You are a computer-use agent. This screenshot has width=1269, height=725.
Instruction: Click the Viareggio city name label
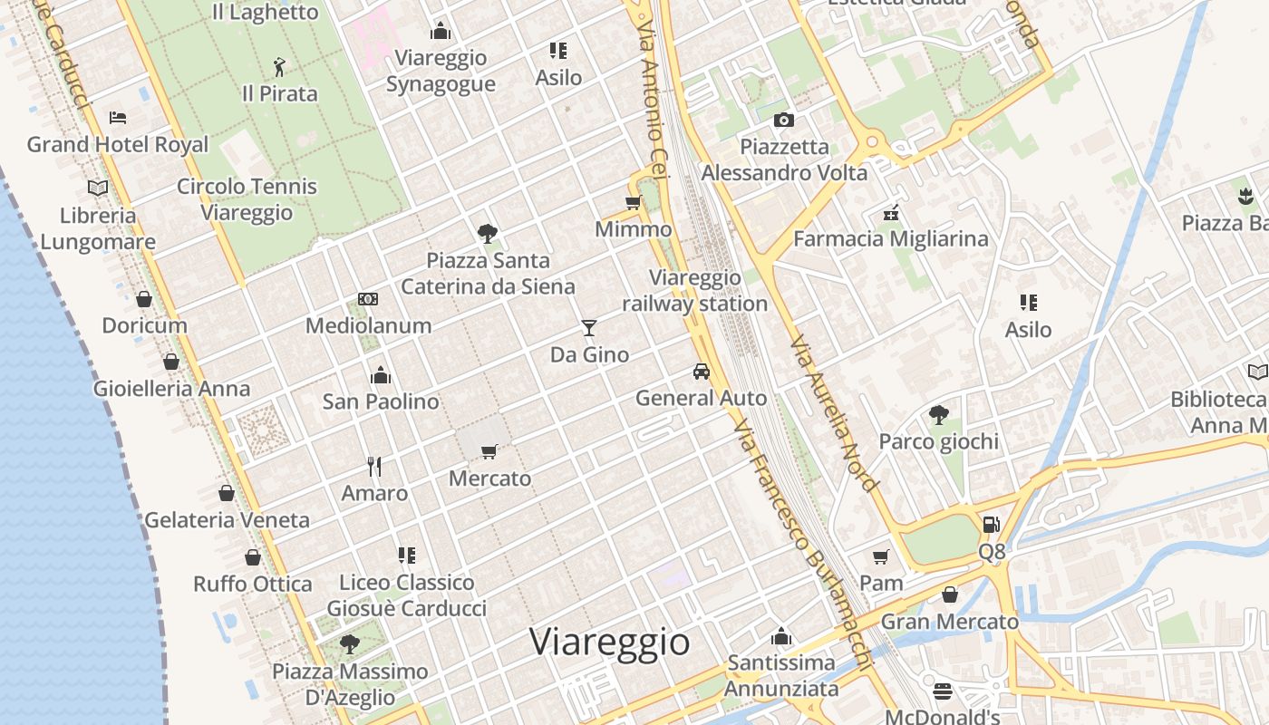[x=609, y=642]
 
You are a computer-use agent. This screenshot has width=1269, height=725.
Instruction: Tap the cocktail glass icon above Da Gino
[x=589, y=327]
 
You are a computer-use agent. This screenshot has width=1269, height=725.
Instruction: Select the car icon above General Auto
[x=701, y=371]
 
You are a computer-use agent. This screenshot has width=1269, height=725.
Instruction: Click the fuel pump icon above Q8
[x=992, y=524]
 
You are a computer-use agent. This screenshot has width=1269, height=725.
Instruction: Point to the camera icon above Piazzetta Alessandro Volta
[x=784, y=120]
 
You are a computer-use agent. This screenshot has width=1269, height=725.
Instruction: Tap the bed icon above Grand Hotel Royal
[x=117, y=117]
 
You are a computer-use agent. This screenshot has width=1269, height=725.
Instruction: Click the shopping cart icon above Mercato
[x=489, y=450]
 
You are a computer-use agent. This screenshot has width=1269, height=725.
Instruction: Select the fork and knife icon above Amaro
[x=374, y=466]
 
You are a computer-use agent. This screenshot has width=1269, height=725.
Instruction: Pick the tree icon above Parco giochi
[x=938, y=415]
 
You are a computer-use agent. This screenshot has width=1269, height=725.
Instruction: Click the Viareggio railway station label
[x=695, y=291]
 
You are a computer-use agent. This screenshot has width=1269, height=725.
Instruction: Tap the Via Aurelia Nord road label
[x=833, y=414]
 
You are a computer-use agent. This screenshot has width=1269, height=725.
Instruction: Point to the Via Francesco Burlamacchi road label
[x=802, y=544]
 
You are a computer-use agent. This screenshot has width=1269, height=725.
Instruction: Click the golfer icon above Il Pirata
[x=279, y=66]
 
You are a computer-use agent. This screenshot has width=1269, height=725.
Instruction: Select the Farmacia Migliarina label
[x=890, y=238]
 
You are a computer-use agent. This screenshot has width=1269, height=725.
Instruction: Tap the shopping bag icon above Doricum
[x=144, y=298]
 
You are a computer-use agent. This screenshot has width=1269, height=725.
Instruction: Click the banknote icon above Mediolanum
[x=368, y=298]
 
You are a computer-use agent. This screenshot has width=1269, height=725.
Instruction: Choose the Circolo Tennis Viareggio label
[x=247, y=199]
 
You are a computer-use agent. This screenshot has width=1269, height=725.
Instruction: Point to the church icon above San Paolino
[x=381, y=374]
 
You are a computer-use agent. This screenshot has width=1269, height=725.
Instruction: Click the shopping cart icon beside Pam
[x=880, y=556]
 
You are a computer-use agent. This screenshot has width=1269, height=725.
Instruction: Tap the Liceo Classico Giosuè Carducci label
[x=406, y=595]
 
